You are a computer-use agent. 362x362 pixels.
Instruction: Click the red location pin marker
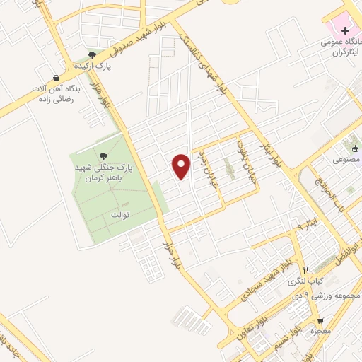(182, 166)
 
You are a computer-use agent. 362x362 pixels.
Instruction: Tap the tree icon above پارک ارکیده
(93, 54)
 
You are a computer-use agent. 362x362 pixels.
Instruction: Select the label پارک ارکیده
(95, 66)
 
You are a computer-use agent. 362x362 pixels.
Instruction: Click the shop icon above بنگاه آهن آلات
(57, 78)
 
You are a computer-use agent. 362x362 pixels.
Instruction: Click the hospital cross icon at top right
(345, 30)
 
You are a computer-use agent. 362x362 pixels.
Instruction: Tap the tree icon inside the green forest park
(104, 155)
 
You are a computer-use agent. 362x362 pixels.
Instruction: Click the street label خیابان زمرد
(209, 165)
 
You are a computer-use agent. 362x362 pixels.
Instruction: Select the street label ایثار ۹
(304, 225)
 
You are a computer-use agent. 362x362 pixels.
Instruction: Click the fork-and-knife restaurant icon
(305, 269)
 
